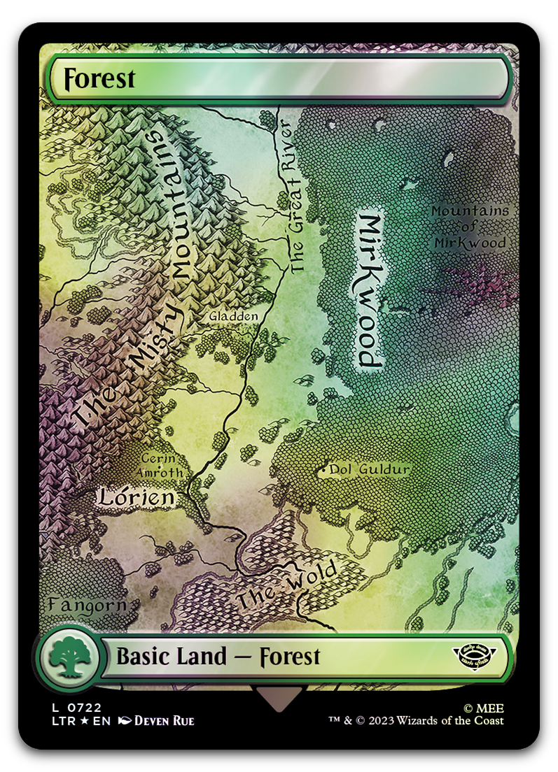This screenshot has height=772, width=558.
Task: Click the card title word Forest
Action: [x=99, y=78]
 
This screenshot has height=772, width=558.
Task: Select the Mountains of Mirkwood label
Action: [x=470, y=227]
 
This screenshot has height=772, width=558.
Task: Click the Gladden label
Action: [x=234, y=317]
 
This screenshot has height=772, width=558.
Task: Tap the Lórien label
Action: [x=136, y=497]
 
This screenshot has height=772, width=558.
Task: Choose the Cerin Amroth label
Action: [x=162, y=466]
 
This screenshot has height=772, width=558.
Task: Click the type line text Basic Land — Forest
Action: [x=218, y=657]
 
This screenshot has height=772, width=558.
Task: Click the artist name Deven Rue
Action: [x=164, y=721]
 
